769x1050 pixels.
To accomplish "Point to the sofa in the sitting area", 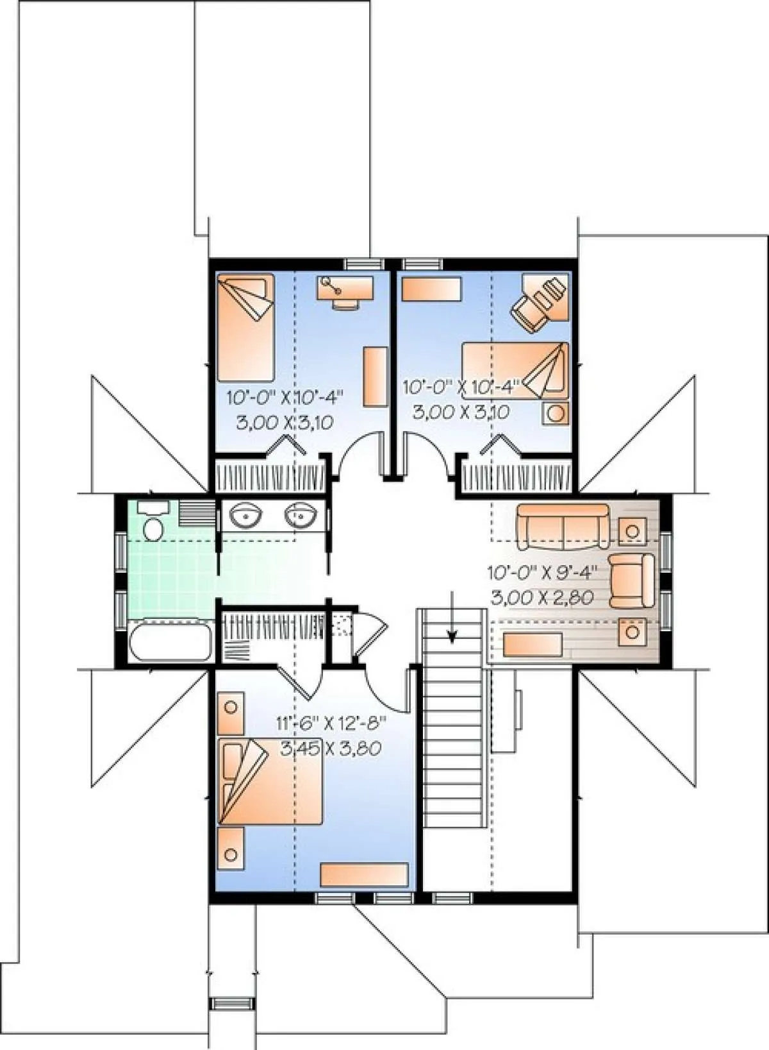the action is click(563, 527).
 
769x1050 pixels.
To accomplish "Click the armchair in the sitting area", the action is click(631, 580).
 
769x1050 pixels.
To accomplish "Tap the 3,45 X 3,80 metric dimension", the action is click(330, 749).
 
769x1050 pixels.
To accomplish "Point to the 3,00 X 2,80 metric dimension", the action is click(543, 597).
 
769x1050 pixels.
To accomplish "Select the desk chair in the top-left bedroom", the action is click(345, 304).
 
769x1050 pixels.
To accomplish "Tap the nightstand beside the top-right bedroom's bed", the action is click(556, 413).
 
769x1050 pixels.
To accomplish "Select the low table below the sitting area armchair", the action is click(633, 632).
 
